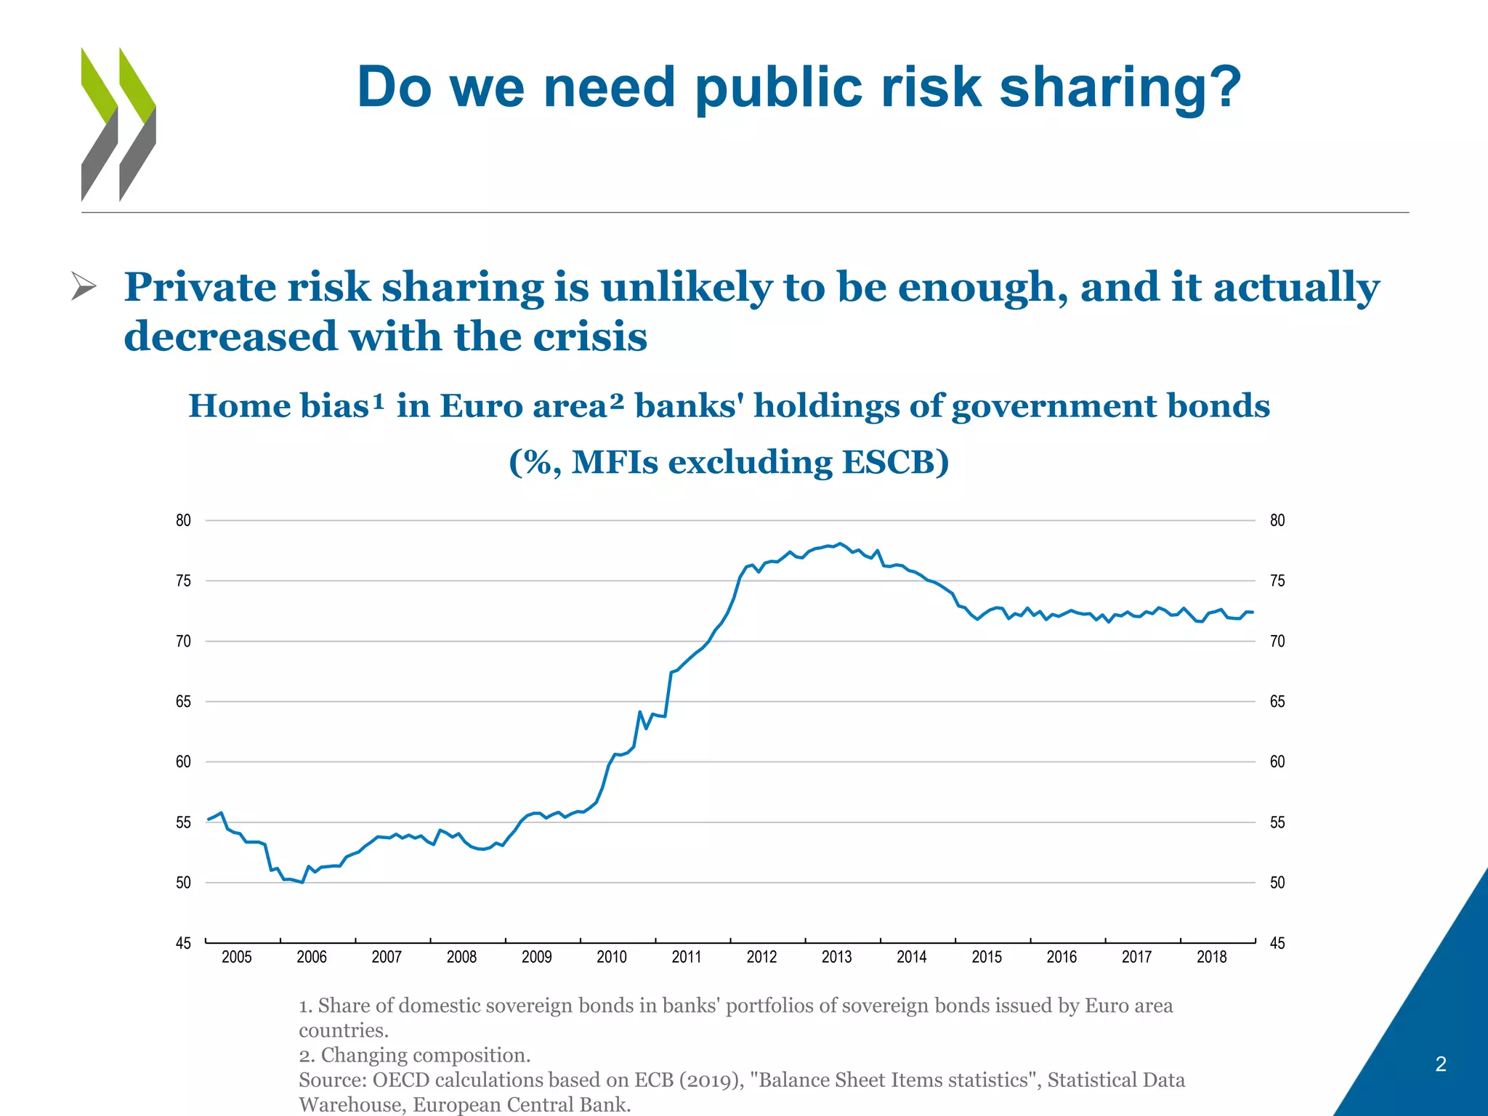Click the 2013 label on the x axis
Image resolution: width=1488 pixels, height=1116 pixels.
click(x=836, y=957)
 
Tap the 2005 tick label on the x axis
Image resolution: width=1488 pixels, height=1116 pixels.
click(x=236, y=957)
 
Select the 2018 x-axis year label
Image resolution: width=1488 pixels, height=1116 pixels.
click(x=1211, y=957)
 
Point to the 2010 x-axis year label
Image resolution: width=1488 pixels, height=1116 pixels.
click(x=611, y=957)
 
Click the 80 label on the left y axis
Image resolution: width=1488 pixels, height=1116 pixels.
click(x=183, y=520)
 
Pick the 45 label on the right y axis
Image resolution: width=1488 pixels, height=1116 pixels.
click(x=1277, y=943)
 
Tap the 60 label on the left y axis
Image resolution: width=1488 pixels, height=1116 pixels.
click(x=183, y=761)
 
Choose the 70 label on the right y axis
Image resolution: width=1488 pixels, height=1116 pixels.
click(x=1277, y=641)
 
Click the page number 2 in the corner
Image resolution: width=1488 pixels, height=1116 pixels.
click(x=1441, y=1064)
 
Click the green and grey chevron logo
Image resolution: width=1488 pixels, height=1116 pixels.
click(x=118, y=124)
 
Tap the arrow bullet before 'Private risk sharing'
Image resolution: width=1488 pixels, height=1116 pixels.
click(x=84, y=286)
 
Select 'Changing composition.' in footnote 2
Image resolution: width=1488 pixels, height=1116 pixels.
click(x=426, y=1055)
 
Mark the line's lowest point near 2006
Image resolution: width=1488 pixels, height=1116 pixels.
click(x=302, y=882)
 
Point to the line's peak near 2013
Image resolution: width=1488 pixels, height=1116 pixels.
click(x=840, y=543)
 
